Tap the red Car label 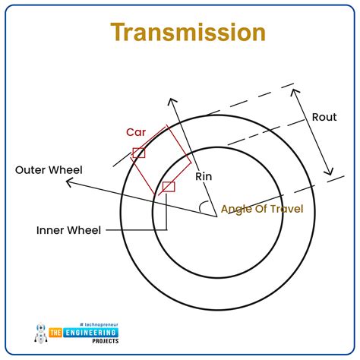(x=136, y=131)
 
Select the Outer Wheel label (x=49, y=170)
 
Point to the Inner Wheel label (x=68, y=229)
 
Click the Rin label (x=204, y=176)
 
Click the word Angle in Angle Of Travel (x=236, y=209)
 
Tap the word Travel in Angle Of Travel (x=288, y=209)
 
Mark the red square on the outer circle (x=138, y=153)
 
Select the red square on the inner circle (x=169, y=186)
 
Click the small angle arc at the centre (x=204, y=207)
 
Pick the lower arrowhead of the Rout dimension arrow (x=330, y=172)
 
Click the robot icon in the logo (x=40, y=331)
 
